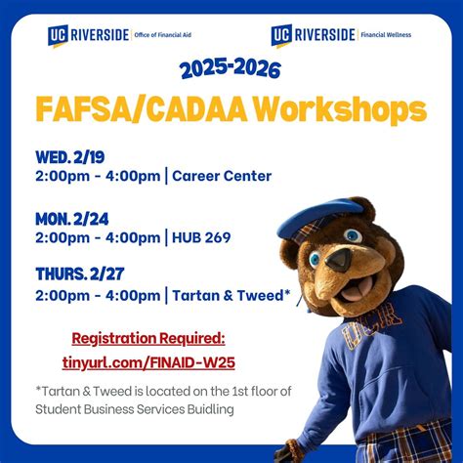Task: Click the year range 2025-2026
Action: [x=231, y=69]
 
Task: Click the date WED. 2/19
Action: [x=72, y=156]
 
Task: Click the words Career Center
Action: [x=223, y=176]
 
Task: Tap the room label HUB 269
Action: [x=202, y=236]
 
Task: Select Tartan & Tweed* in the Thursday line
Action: [x=231, y=294]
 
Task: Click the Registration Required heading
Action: [x=147, y=338]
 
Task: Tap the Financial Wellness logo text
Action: [x=385, y=35]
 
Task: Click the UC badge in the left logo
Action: [x=57, y=35]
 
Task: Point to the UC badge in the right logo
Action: [x=281, y=35]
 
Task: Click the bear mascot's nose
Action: [x=339, y=260]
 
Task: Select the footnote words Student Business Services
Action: [x=116, y=409]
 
